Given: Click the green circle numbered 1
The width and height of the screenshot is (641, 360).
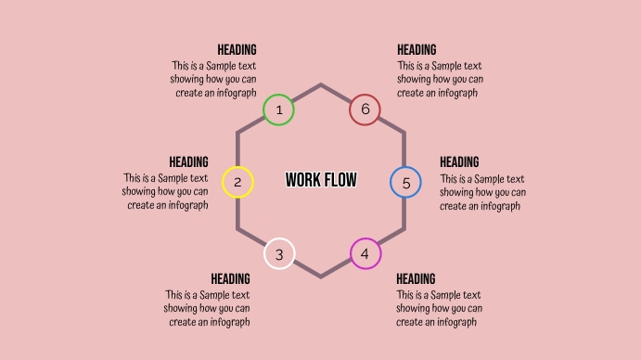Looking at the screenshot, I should tap(278, 110).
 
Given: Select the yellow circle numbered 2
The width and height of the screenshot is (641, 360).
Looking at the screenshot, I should tap(237, 182).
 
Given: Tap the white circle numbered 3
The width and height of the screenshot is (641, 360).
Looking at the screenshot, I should tap(279, 253).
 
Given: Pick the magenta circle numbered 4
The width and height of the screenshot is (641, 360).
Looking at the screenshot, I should tap(365, 253).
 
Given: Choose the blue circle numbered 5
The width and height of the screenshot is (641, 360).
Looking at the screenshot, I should tap(405, 183).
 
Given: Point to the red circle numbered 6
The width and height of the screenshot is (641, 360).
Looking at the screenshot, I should tap(365, 110).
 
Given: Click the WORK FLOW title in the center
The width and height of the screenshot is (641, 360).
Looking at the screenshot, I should tap(321, 180).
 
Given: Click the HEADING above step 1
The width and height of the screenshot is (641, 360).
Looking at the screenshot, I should tap(237, 50).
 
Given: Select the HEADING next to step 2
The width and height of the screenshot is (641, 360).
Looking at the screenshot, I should tap(188, 162).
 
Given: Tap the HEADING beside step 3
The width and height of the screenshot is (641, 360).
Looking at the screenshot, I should tap(230, 279).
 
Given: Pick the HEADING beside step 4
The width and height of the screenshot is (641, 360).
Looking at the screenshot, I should tap(416, 279).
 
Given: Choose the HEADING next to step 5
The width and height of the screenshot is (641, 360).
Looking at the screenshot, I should tap(459, 162).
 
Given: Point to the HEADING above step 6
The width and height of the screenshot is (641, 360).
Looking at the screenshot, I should tap(417, 50).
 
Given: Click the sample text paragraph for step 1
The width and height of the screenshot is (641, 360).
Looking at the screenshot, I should tap(213, 79).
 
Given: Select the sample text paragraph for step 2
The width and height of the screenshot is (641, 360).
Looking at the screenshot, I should tap(165, 192).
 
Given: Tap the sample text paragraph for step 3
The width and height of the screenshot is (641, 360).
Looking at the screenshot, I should tap(207, 309).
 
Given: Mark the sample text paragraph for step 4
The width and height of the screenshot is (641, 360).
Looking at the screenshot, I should tap(439, 309).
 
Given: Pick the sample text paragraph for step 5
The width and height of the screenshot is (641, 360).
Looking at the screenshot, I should tap(482, 192).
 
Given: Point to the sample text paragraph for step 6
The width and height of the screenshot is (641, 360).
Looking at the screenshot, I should tap(440, 79).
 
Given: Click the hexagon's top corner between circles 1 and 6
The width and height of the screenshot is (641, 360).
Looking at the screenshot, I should tap(321, 85).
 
